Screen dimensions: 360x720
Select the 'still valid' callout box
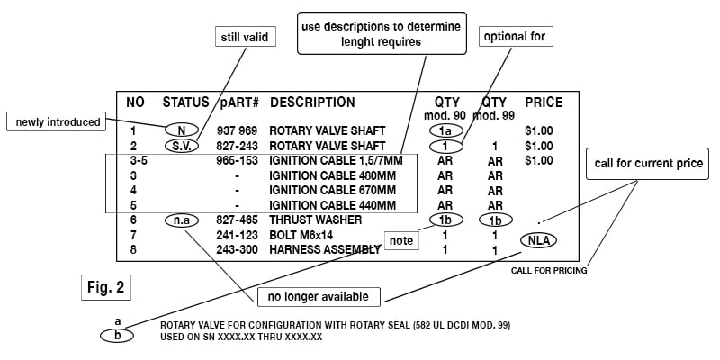point(246,37)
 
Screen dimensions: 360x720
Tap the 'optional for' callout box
point(516,37)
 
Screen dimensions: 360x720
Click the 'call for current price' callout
point(649,164)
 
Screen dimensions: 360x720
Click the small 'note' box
point(401,241)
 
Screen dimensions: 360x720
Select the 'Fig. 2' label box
point(106,289)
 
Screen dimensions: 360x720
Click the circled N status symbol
point(181,131)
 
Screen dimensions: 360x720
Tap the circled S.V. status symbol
point(181,145)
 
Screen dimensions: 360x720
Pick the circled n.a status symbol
point(181,220)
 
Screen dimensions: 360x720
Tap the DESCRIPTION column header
point(312,103)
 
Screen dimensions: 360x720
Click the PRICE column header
point(544,103)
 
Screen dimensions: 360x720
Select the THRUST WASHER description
point(315,220)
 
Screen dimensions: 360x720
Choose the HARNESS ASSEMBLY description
point(325,249)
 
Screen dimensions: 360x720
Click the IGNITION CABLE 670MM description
point(333,190)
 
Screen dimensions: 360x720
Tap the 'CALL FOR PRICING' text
point(549,269)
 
